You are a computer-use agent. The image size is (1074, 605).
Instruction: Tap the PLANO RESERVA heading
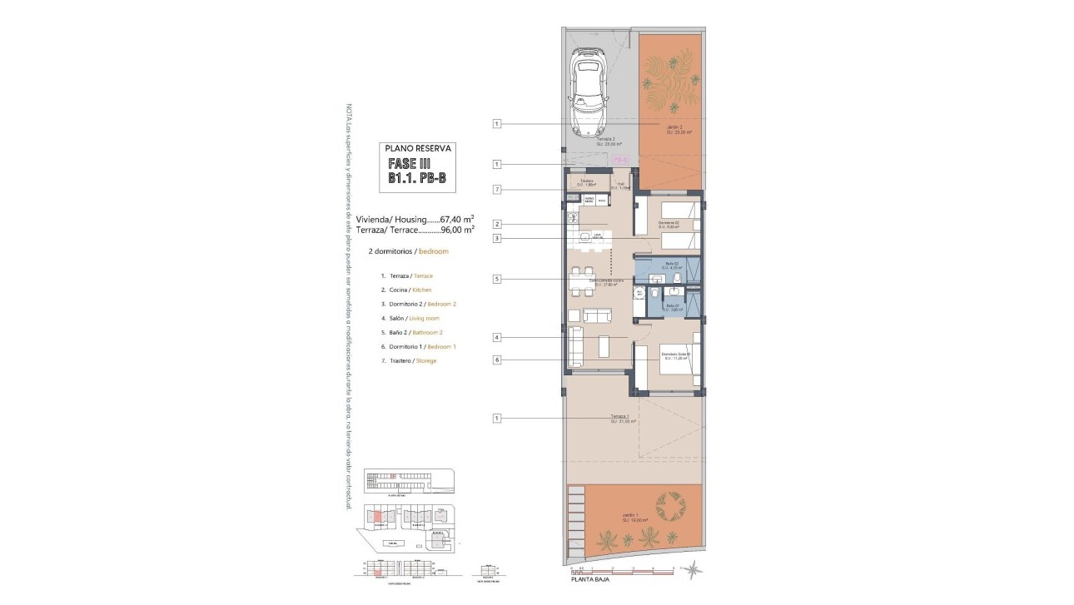pyautogui.click(x=418, y=149)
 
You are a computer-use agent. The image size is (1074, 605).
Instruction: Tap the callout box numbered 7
pyautogui.click(x=496, y=190)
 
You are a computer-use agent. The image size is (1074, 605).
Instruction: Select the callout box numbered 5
pyautogui.click(x=496, y=280)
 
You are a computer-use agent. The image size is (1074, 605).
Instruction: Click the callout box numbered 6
pyautogui.click(x=496, y=360)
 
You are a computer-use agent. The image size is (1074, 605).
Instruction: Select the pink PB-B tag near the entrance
pyautogui.click(x=620, y=158)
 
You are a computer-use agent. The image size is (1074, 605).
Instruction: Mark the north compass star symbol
pyautogui.click(x=696, y=570)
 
